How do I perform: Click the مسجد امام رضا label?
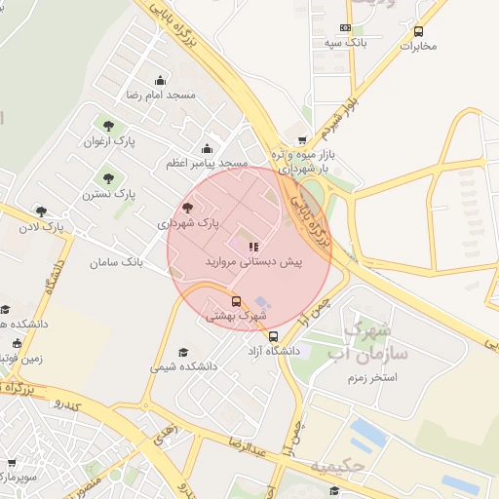coord(161,96)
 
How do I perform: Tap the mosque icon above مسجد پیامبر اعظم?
coord(207,149)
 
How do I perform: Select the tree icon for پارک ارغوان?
coord(107,126)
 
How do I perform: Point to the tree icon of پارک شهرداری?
coord(187,208)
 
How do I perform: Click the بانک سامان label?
coord(117,263)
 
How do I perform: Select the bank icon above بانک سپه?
coord(345,28)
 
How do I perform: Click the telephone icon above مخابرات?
coord(418,31)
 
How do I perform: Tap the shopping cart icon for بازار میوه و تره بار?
coord(302,139)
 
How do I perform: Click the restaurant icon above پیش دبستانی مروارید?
coord(254,248)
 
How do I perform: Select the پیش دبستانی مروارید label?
coord(254,263)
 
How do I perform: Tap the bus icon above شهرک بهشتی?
coord(237,301)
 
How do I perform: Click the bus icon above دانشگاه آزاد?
coord(272,335)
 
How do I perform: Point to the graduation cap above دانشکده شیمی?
coord(182,352)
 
